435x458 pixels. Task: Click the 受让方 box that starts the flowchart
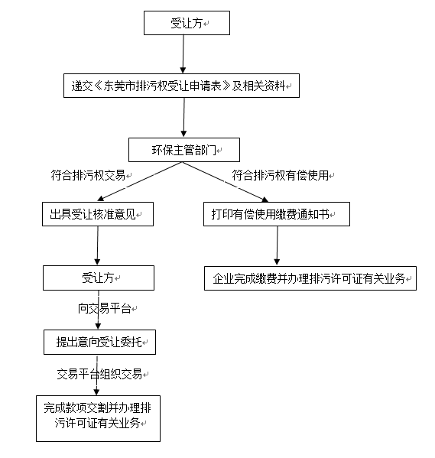[x=187, y=23]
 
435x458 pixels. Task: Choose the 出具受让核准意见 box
[x=97, y=215]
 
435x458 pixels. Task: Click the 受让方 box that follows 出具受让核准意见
[x=98, y=278]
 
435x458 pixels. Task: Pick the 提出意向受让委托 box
[x=99, y=343]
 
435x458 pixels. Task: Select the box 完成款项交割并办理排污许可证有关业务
[x=98, y=417]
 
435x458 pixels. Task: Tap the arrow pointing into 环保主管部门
[x=183, y=118]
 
